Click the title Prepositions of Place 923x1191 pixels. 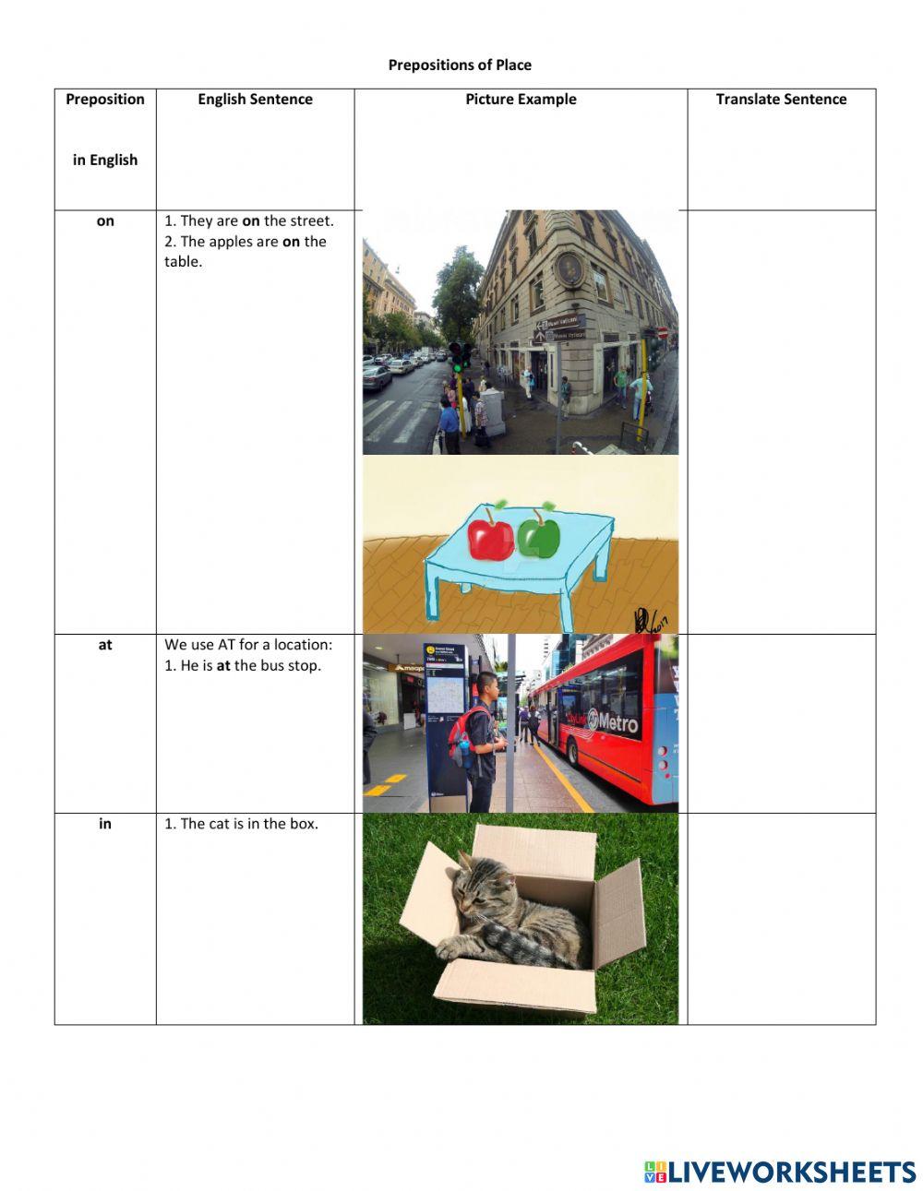(460, 65)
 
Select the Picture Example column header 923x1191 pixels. (521, 100)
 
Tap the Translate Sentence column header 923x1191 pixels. (781, 100)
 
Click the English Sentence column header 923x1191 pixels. (255, 100)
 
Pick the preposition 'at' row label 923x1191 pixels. (105, 645)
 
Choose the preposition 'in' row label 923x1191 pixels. (105, 824)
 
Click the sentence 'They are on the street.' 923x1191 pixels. (249, 221)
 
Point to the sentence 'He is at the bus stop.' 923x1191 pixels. (243, 666)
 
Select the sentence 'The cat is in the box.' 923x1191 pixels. (241, 824)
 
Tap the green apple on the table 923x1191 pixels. (538, 535)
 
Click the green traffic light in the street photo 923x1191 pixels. (456, 366)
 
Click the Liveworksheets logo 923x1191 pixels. (779, 1172)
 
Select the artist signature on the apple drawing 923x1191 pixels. (651, 620)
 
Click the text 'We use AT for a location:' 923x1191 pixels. (248, 645)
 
